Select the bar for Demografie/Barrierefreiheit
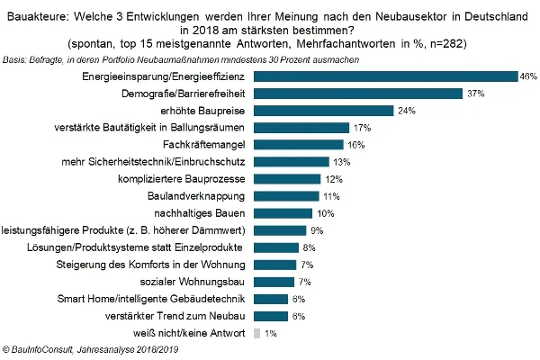coord(357,94)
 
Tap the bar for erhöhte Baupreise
coord(324,111)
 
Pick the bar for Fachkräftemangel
coord(299,145)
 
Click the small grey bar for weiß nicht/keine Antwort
coord(256,333)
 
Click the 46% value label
coord(528,76)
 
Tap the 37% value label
coord(475,94)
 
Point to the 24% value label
coord(407,111)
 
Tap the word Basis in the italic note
coord(14,58)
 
